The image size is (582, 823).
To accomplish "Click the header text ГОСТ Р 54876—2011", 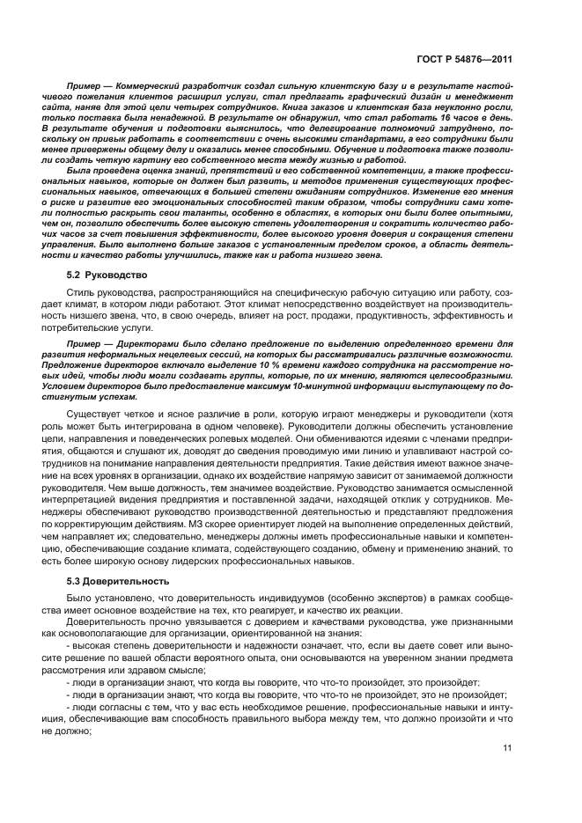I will click(465, 59).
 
